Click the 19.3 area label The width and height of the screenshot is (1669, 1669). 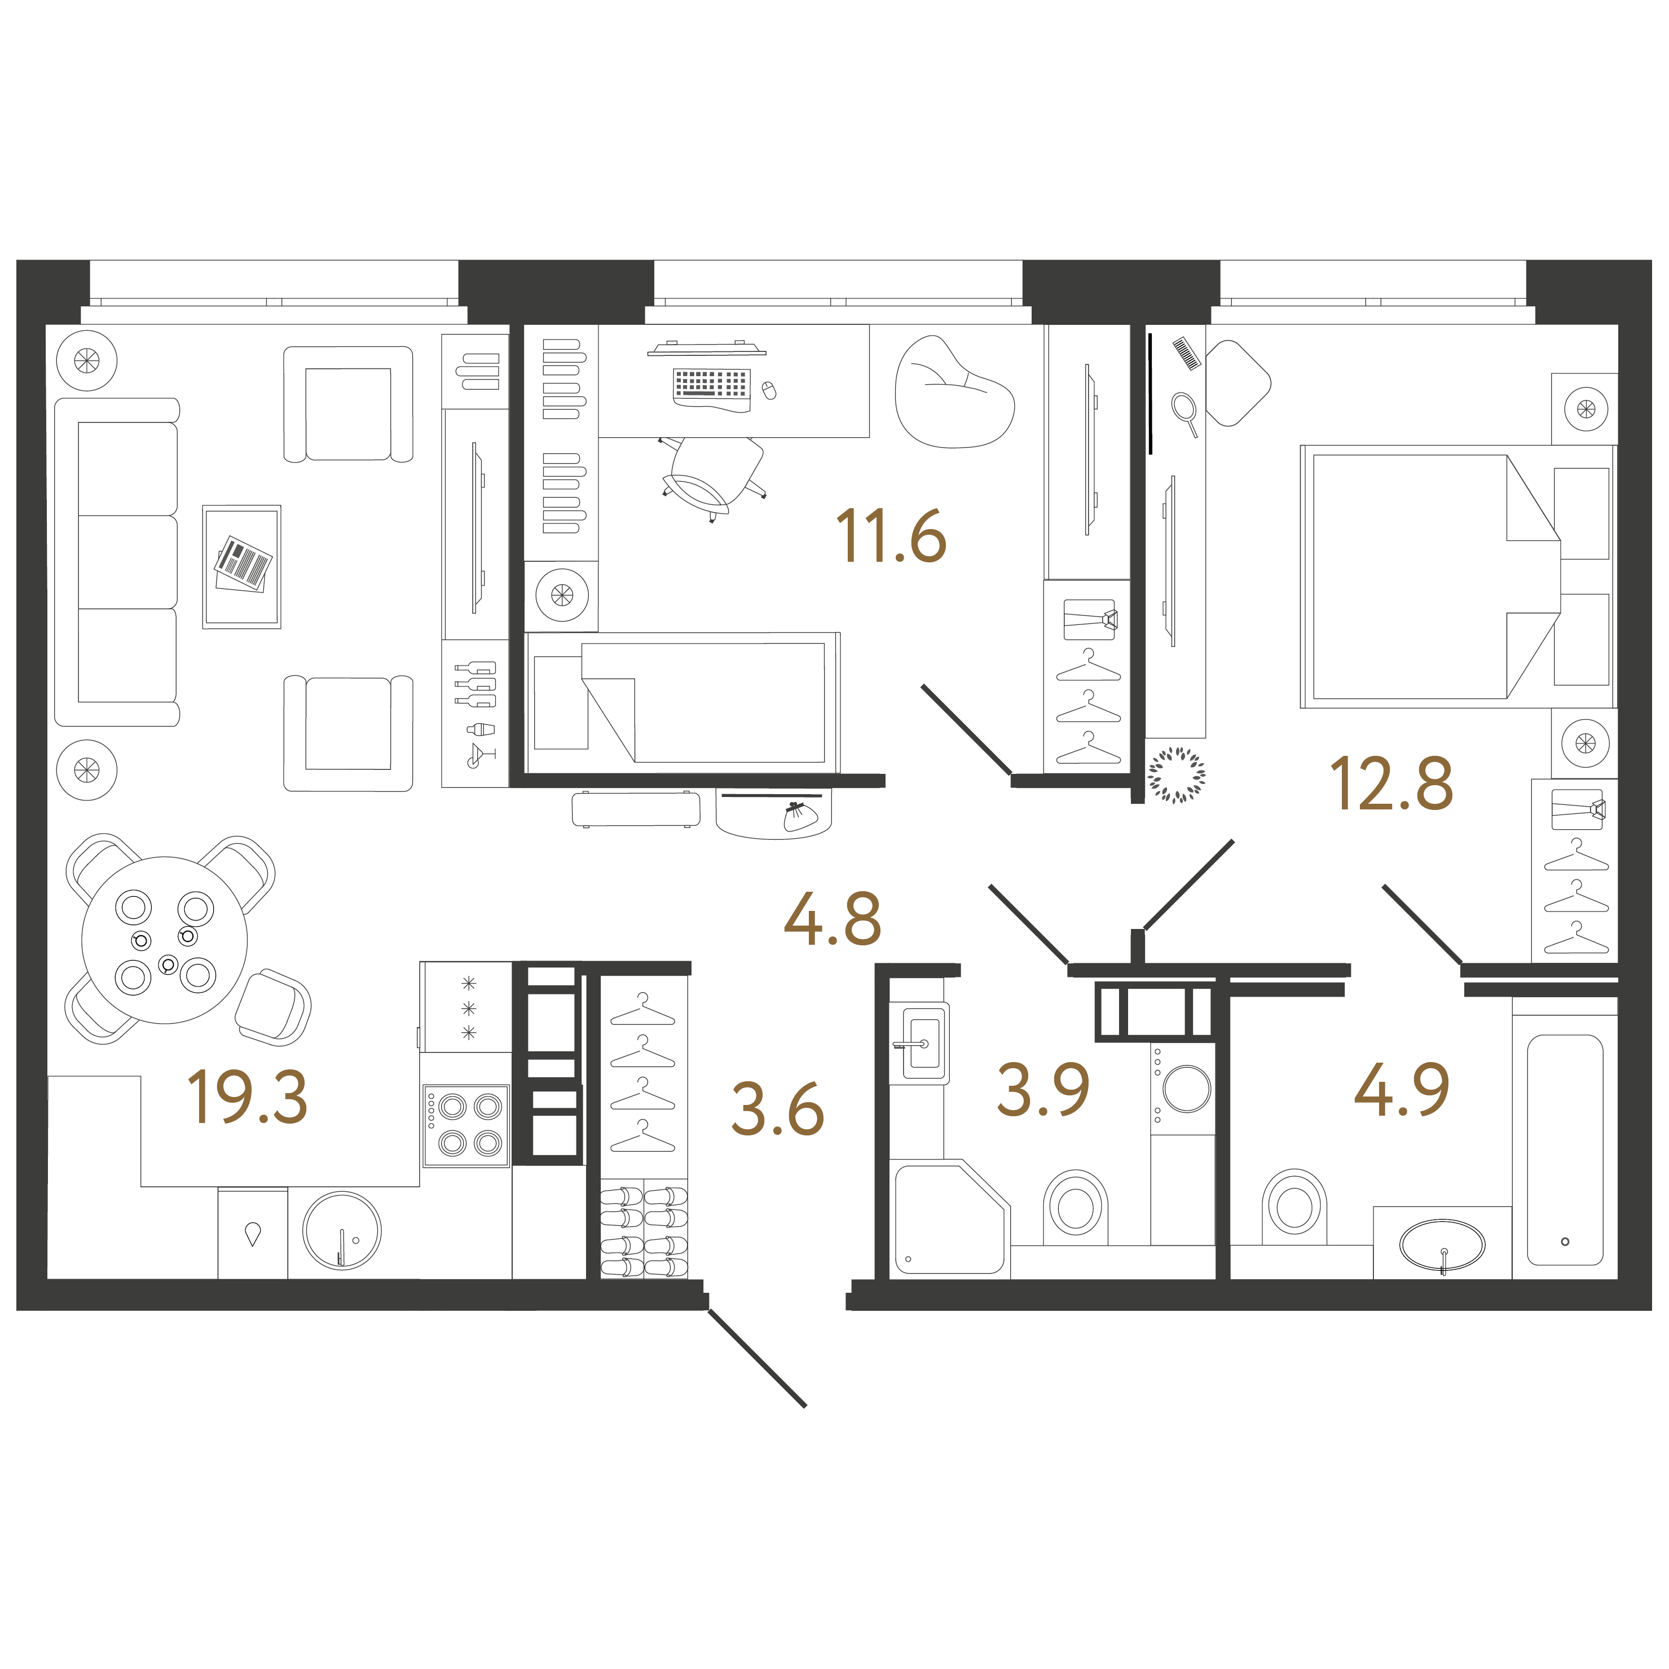pyautogui.click(x=247, y=1097)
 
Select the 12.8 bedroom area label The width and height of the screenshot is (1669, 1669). pyautogui.click(x=1391, y=785)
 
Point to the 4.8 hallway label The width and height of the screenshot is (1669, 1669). pyautogui.click(x=832, y=919)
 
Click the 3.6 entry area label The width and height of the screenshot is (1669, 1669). pyautogui.click(x=777, y=1109)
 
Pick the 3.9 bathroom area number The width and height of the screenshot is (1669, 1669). pyautogui.click(x=1043, y=1090)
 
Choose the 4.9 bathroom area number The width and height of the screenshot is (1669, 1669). pyautogui.click(x=1401, y=1090)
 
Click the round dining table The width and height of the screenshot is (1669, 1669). pyautogui.click(x=164, y=940)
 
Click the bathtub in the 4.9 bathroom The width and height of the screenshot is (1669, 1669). pyautogui.click(x=1565, y=1149)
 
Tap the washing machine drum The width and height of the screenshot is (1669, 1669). pyautogui.click(x=1186, y=1089)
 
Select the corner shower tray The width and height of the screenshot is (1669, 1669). pyautogui.click(x=949, y=1218)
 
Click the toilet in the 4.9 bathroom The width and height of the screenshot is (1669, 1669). pyautogui.click(x=1293, y=1206)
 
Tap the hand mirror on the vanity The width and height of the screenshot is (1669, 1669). pyautogui.click(x=1183, y=408)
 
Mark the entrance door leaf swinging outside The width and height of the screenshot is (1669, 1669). pyautogui.click(x=758, y=1359)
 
